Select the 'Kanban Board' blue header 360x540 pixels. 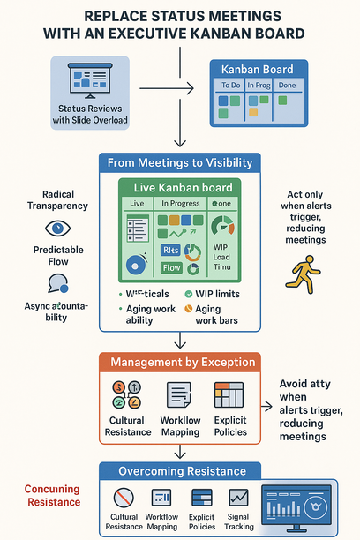point(258,69)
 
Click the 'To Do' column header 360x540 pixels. point(231,86)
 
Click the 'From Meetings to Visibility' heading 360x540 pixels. point(180,162)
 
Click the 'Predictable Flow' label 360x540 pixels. point(59,256)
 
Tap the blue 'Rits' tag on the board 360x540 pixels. point(172,250)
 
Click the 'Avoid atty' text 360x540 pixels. point(305,384)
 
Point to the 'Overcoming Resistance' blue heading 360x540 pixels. point(181,471)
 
